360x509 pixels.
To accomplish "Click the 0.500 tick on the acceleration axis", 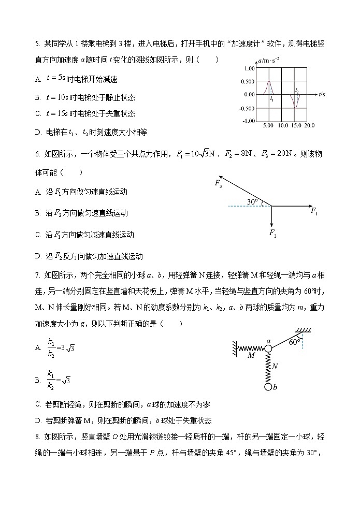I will (x=248, y=81).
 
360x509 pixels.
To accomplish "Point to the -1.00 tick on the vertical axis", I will (x=248, y=121).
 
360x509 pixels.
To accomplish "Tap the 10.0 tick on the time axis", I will (x=283, y=126).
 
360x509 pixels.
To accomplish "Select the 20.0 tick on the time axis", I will (x=309, y=126).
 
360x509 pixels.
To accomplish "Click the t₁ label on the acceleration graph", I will (x=272, y=98).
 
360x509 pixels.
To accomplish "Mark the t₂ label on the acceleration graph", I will (x=297, y=90).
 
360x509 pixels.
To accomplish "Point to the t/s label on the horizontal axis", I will (x=322, y=94).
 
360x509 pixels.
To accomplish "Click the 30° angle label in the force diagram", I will (x=252, y=201).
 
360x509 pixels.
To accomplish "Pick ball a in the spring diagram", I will (x=268, y=348).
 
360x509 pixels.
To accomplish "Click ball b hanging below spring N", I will (x=268, y=386).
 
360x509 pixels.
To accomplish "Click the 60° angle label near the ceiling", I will (x=295, y=342).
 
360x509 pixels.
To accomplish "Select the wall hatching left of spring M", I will (x=235, y=348).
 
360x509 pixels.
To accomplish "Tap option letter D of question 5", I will (x=38, y=132).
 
